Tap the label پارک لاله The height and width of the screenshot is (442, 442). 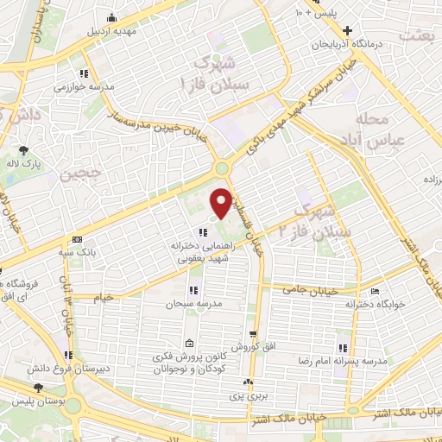(x=33, y=163)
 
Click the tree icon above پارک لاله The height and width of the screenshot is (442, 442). (x=34, y=150)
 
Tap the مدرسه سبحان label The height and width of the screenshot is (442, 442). (x=194, y=304)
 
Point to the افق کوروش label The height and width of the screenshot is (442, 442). (x=253, y=347)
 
